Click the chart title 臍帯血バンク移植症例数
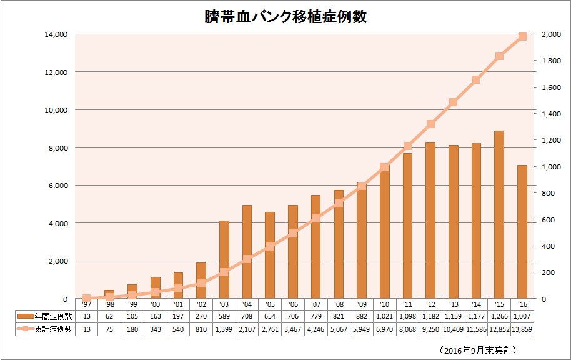(285, 17)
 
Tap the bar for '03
(224, 259)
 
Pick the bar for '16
(522, 232)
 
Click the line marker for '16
(522, 36)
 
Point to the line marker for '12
(430, 124)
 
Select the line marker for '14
(476, 79)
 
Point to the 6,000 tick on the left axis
(57, 186)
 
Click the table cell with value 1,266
(499, 317)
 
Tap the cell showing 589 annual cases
(224, 317)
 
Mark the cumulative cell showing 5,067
(339, 329)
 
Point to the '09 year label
(362, 304)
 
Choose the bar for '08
(339, 244)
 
